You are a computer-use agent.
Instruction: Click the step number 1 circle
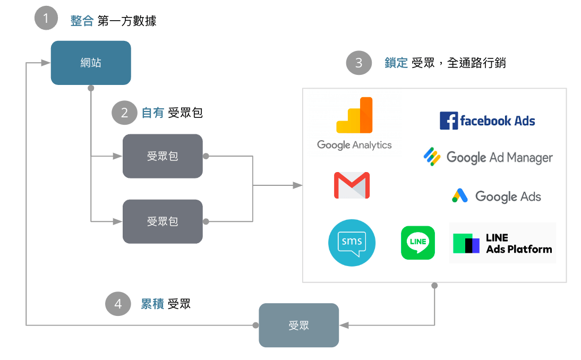46,19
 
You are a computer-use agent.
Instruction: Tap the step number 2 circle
124,113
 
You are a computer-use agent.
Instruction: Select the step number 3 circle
359,63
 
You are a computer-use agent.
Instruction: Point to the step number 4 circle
118,304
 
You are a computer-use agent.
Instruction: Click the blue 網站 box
91,63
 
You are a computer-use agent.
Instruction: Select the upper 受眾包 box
163,156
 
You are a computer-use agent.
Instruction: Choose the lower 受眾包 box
163,221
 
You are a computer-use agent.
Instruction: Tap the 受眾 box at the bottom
298,325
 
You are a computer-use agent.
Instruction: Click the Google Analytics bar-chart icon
355,115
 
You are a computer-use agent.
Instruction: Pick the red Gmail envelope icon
352,185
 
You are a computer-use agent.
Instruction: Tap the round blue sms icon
352,243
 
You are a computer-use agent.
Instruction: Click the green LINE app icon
418,243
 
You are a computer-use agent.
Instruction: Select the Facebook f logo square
449,121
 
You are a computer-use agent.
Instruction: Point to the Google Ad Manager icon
432,157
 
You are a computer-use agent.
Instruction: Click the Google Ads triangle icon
459,196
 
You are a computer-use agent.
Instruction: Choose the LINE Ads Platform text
519,243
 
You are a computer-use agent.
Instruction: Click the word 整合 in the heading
82,21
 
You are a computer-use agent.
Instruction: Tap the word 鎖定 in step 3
396,63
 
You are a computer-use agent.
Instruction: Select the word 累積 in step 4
152,304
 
